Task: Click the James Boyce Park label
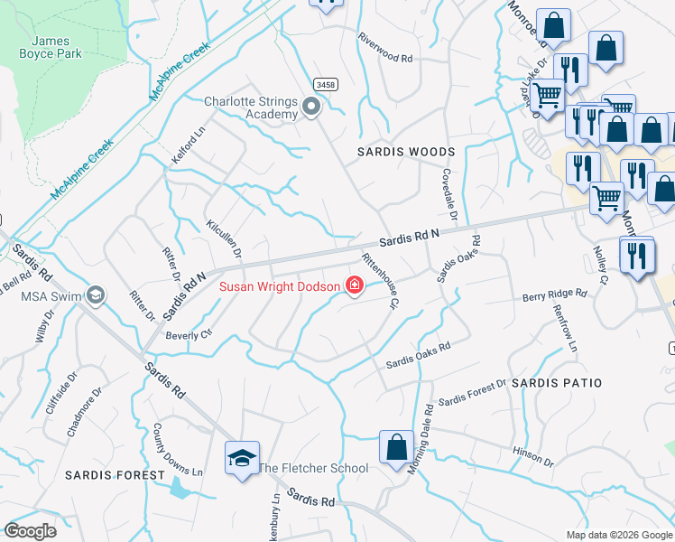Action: tap(56, 47)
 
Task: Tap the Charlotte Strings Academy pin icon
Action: tap(312, 108)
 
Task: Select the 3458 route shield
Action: tap(326, 84)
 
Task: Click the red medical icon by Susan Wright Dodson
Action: tap(355, 287)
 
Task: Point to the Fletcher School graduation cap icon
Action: tap(243, 459)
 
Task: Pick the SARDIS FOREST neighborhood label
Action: tap(115, 474)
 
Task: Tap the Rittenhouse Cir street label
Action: tap(380, 280)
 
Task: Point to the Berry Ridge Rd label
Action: tap(554, 294)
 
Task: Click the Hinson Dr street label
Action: tap(532, 456)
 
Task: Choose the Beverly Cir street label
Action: tap(188, 334)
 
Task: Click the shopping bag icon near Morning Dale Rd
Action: tap(396, 447)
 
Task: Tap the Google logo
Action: tap(30, 531)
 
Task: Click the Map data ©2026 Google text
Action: tap(618, 535)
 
